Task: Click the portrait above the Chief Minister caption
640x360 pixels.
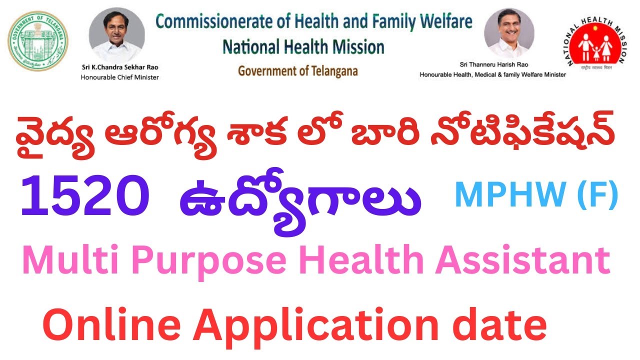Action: pyautogui.click(x=117, y=34)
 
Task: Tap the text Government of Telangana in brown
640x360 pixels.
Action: pyautogui.click(x=298, y=71)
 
